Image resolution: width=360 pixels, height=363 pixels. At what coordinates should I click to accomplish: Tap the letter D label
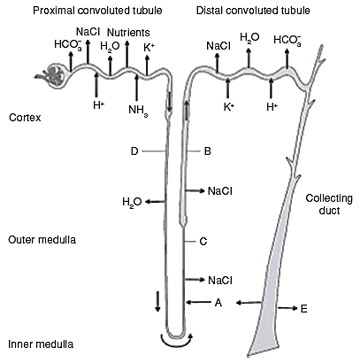point(134,151)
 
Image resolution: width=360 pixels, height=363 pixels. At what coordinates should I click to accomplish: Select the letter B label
point(208,151)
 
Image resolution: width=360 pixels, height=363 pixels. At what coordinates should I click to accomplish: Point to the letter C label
point(203,242)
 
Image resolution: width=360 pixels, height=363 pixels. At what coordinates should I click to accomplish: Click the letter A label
point(218,303)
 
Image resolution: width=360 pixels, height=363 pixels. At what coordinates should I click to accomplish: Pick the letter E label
point(304,309)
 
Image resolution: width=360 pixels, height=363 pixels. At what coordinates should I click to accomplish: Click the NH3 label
point(138,111)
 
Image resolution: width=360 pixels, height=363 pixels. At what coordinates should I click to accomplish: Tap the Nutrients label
point(128,32)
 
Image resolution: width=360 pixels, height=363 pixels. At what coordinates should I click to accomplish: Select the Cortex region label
point(25,118)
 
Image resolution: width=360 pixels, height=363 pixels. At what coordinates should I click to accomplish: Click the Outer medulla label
point(42,239)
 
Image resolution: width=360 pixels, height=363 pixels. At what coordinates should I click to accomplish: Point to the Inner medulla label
point(41,344)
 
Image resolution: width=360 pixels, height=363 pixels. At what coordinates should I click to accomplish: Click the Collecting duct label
point(329,205)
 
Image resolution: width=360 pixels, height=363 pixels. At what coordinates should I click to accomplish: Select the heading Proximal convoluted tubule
point(97,11)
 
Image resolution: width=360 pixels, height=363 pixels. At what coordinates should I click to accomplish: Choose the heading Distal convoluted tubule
point(253,11)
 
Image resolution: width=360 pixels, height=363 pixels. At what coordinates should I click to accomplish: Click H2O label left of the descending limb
point(132,203)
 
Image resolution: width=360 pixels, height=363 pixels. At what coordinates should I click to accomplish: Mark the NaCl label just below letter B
point(220,191)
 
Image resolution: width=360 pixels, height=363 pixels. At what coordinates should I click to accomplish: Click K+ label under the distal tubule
point(229,106)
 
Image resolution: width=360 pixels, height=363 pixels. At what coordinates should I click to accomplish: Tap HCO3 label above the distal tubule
point(287,40)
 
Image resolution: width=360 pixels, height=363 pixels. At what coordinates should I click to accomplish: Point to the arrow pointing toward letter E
point(287,308)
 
